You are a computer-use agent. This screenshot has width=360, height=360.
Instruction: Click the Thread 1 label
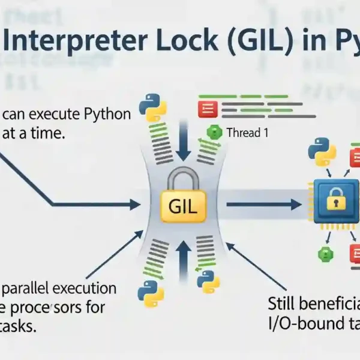pos(247,133)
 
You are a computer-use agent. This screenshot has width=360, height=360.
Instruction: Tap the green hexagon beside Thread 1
pos(211,132)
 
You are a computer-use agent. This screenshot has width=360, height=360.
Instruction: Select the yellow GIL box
pos(184,206)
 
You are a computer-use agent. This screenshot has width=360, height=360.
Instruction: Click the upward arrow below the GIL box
pos(183,255)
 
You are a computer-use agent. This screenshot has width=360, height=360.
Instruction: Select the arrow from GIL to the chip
pos(264,205)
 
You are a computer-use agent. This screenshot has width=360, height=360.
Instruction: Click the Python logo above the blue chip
pos(320,153)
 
